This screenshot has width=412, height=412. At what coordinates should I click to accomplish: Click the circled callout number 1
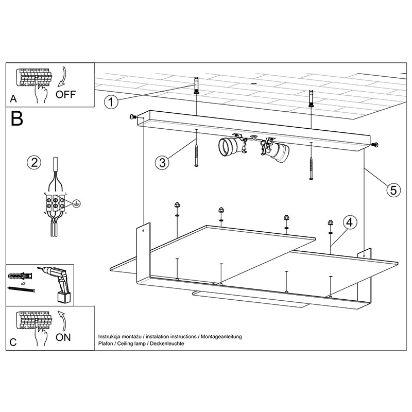pos(110,101)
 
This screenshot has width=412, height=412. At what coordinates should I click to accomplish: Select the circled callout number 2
pos(33,163)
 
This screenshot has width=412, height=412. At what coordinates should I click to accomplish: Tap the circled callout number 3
pos(162,163)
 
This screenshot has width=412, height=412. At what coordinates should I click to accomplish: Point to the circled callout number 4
pos(349,222)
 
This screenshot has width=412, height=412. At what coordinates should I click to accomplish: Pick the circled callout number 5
pos(392,190)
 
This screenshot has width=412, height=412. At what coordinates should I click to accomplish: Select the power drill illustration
pos(57,284)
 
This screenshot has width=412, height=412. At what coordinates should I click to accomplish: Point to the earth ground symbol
pos(76,202)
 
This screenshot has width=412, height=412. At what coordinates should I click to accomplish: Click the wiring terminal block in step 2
pos(55,202)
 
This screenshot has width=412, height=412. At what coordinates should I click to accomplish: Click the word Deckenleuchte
pos(167,343)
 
